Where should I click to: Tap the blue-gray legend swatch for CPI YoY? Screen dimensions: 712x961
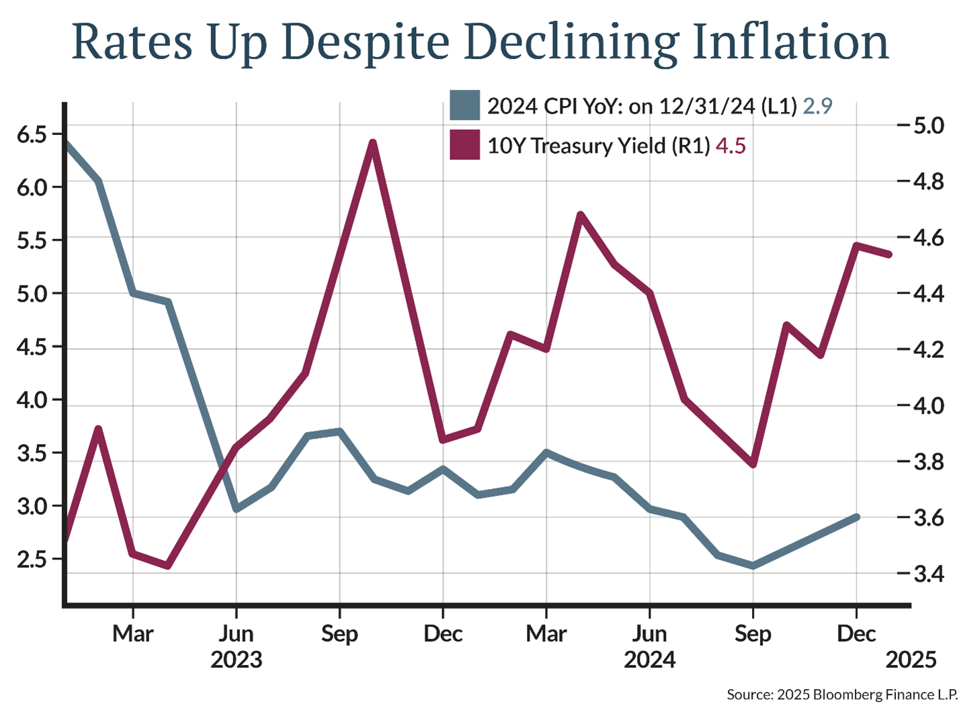tap(465, 105)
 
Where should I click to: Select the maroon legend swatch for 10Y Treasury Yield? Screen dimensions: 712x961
tap(465, 145)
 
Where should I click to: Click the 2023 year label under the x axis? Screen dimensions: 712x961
tap(237, 659)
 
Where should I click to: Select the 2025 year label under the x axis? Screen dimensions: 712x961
tap(911, 659)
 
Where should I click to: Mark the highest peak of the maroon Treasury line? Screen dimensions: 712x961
tap(373, 142)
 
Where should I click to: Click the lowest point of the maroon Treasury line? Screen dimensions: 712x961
tap(167, 566)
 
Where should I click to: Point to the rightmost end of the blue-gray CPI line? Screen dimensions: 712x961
tap(856, 517)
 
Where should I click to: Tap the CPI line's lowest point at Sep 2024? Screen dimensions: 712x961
tap(753, 566)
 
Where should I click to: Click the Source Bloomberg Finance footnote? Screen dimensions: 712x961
tap(842, 695)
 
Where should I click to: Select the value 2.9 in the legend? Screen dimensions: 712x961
tap(817, 106)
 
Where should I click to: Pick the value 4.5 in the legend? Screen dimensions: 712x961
tap(730, 146)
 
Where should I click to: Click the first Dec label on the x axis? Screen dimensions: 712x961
tap(443, 633)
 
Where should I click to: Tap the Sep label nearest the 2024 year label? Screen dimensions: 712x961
tap(753, 633)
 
